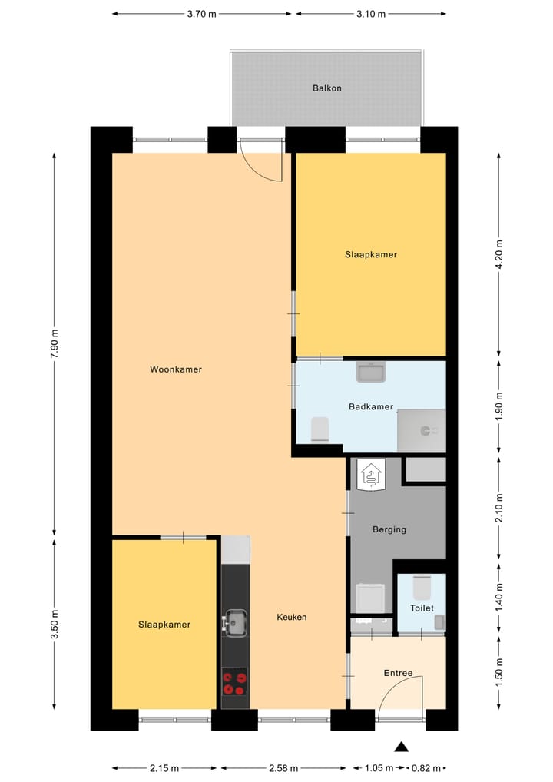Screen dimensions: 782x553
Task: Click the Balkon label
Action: point(326,88)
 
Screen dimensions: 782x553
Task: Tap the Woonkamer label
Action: point(176,369)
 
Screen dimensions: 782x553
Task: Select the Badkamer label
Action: point(370,407)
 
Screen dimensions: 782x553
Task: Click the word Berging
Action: point(389,529)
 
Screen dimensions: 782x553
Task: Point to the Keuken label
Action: point(292,617)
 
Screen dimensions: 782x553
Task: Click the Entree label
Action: point(398,674)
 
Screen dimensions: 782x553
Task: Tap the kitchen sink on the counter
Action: point(234,623)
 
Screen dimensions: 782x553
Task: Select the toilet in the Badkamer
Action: point(320,429)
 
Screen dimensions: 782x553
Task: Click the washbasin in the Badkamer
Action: point(372,373)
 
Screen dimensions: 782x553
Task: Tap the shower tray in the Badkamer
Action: point(421,430)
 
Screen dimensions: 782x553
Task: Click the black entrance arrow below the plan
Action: point(400,746)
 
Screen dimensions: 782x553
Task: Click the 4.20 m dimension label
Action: point(499,254)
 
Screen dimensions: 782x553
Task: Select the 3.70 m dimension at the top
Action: point(202,14)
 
